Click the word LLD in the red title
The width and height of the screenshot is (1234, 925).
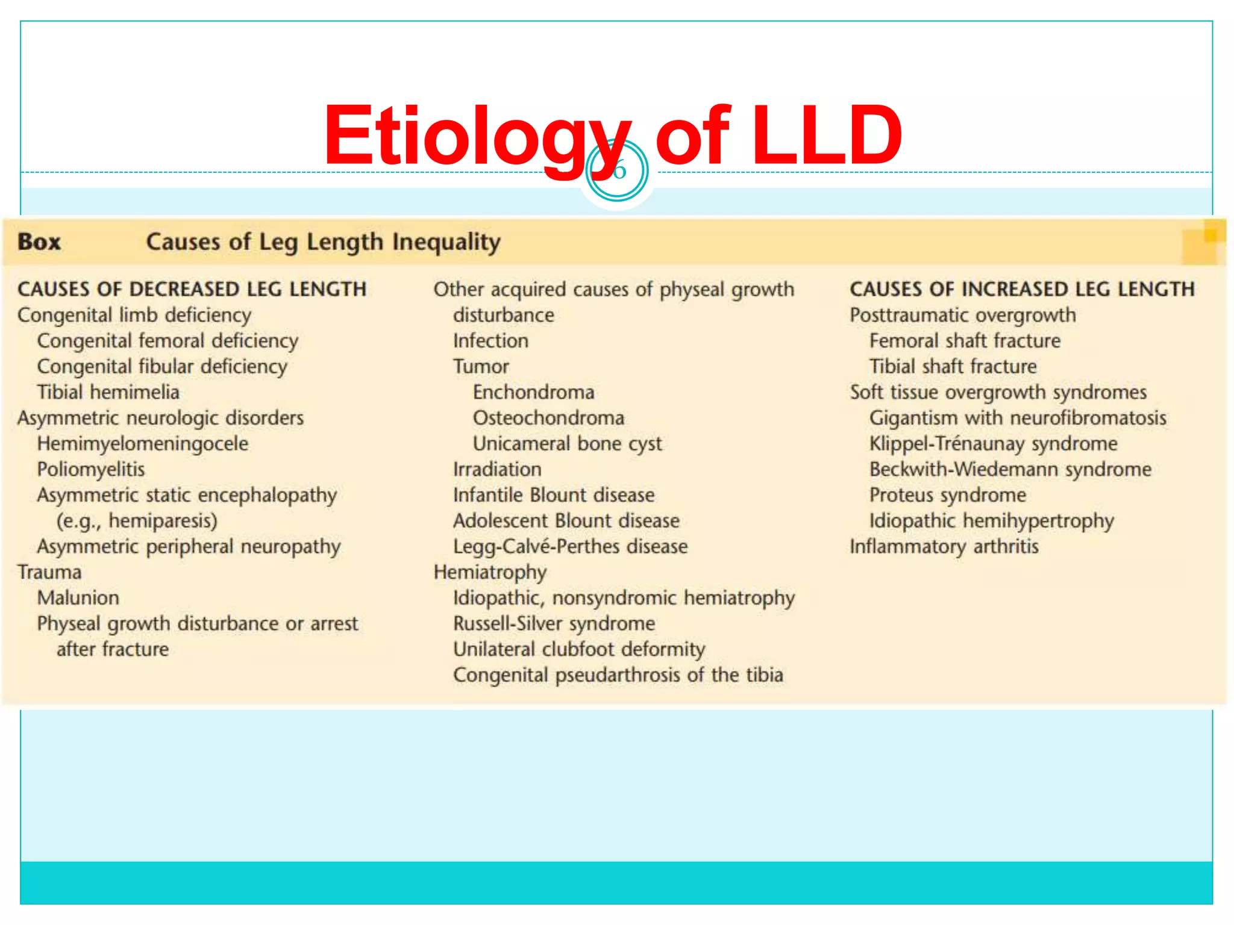click(x=827, y=135)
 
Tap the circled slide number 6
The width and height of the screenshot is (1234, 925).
click(x=617, y=171)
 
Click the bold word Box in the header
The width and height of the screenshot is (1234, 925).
click(x=39, y=242)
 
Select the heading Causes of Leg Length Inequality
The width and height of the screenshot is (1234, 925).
click(x=323, y=242)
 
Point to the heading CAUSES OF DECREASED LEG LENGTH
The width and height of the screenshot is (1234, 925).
click(x=192, y=289)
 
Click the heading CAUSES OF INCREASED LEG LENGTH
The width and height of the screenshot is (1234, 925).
click(x=1022, y=289)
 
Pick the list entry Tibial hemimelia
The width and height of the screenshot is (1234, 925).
click(x=108, y=392)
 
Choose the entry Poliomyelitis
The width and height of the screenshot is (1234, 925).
click(x=91, y=469)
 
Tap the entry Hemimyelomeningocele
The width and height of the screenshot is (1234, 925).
click(x=143, y=444)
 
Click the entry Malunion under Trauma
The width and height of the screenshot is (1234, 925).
click(x=78, y=598)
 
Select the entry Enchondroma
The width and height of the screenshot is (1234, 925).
click(x=533, y=392)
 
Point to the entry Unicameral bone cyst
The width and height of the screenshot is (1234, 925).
click(x=567, y=444)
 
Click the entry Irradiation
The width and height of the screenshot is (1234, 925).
click(x=497, y=469)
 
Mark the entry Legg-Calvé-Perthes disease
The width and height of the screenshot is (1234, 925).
click(x=570, y=546)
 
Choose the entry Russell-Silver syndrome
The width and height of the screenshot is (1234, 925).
click(x=554, y=623)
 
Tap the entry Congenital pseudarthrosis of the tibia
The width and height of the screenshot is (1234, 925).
click(x=618, y=675)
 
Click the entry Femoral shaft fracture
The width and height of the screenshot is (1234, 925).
click(x=965, y=341)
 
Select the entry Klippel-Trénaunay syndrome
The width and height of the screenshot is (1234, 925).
click(x=993, y=444)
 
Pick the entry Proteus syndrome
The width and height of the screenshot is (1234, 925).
click(x=947, y=495)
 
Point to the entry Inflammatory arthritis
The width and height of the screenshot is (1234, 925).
click(x=944, y=546)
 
